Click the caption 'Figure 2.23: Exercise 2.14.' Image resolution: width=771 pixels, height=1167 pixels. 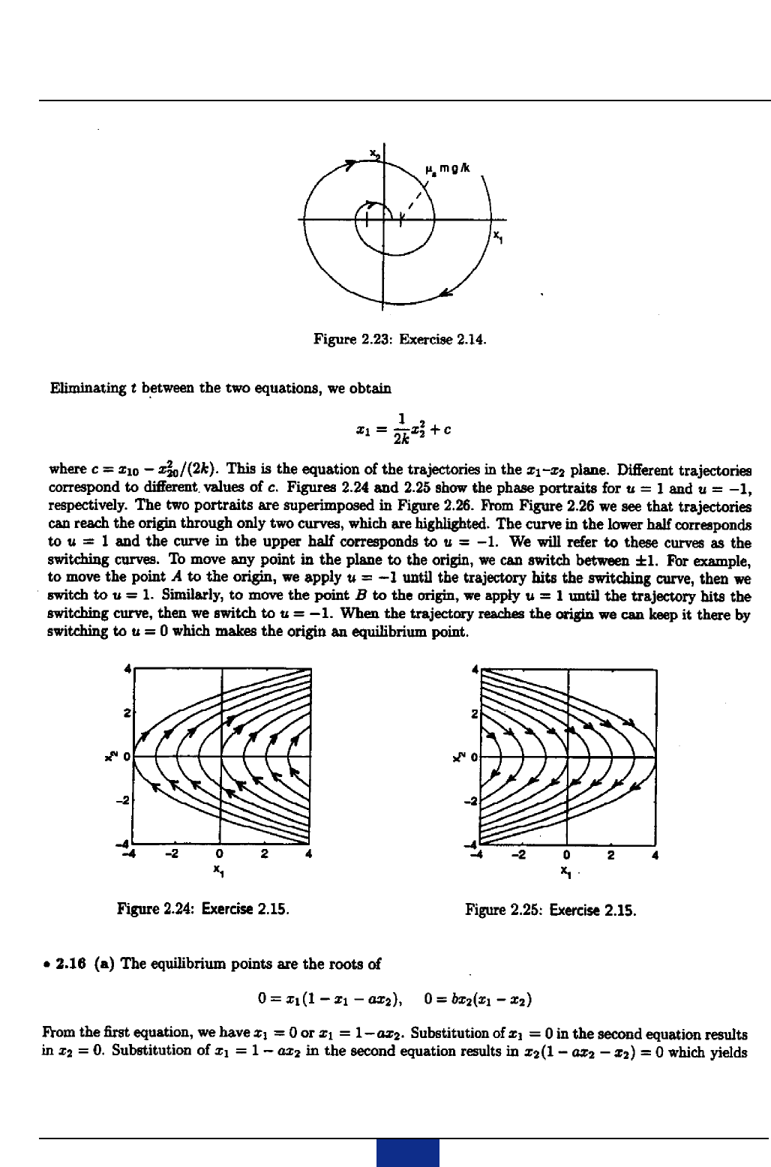coord(400,338)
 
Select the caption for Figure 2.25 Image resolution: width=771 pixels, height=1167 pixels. coord(550,910)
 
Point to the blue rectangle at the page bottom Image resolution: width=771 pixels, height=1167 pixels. coord(407,1153)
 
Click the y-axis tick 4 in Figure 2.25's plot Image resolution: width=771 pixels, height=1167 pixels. coord(474,667)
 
